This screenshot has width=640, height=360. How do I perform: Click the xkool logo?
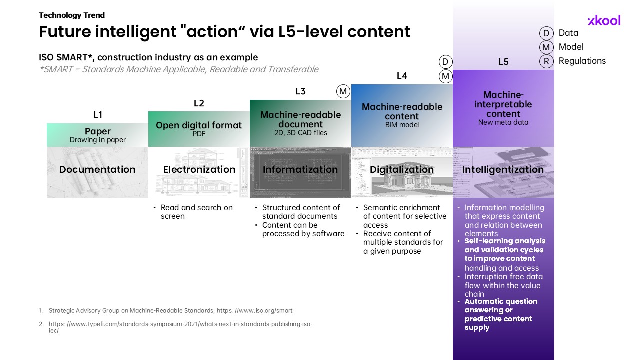tap(604, 20)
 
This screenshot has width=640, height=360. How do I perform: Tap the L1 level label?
tap(97, 115)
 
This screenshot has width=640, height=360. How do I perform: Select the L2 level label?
tap(199, 103)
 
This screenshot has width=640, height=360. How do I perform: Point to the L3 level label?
tap(300, 91)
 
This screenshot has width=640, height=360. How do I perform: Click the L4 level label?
tap(402, 76)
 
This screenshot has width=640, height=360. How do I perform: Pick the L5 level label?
tap(503, 62)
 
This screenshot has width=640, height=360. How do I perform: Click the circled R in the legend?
tap(546, 61)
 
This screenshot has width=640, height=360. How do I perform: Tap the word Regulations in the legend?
tap(582, 61)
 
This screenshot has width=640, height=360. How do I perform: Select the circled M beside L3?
tap(343, 91)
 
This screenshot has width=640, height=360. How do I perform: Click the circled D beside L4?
tap(445, 62)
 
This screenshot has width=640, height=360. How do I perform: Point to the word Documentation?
tap(97, 169)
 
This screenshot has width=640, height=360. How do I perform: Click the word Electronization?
tap(199, 169)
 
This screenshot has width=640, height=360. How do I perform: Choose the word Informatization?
tap(300, 169)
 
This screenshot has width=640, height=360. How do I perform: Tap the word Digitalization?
tap(402, 169)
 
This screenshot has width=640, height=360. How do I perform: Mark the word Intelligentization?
tap(503, 169)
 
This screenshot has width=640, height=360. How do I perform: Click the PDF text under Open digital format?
tap(199, 134)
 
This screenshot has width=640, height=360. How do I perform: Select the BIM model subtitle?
tap(402, 125)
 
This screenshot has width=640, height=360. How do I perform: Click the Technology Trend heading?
tap(72, 15)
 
